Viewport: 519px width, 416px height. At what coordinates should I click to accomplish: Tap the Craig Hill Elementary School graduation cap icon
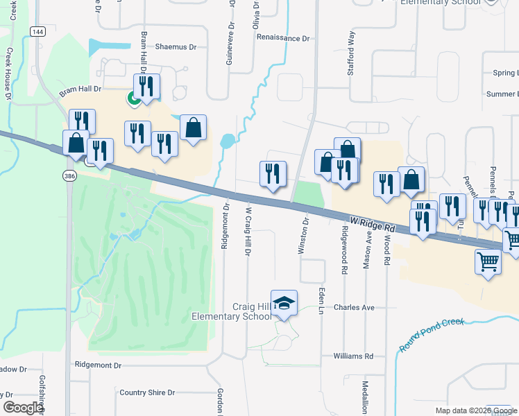284,304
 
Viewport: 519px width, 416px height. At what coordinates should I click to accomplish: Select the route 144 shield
38,33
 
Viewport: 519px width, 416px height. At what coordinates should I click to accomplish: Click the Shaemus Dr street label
178,46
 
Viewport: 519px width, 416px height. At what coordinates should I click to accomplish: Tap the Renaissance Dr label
282,38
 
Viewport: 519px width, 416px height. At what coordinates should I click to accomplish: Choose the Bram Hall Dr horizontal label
80,89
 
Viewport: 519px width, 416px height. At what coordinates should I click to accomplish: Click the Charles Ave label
354,307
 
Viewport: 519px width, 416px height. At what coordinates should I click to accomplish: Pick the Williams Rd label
353,356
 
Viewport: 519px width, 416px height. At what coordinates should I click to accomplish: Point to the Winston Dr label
303,236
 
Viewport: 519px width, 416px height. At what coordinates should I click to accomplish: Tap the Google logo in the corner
23,408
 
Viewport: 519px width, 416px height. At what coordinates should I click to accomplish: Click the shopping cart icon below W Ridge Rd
488,262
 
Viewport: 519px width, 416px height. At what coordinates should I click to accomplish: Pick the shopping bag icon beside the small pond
194,128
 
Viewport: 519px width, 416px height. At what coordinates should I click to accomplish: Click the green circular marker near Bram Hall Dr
132,98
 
